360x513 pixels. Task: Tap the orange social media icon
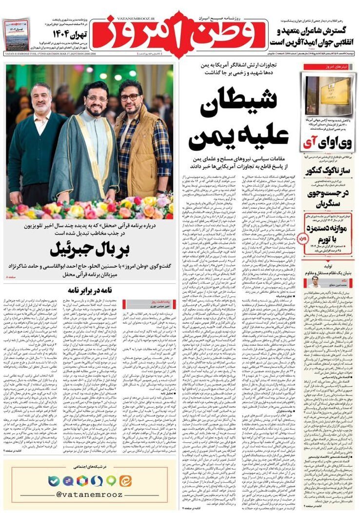point(126,481)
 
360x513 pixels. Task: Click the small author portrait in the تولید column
point(315,281)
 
